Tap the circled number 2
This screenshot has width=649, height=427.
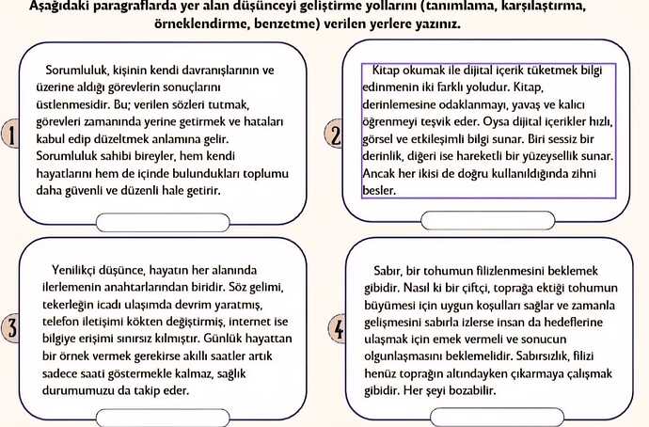(x=336, y=134)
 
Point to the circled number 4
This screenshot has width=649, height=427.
(x=339, y=330)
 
